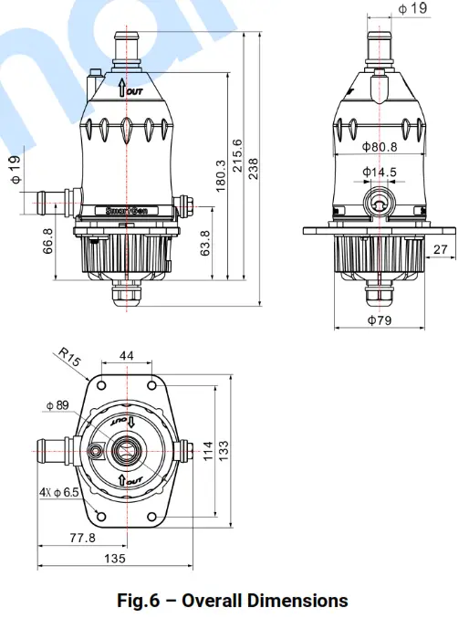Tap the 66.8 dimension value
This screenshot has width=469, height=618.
coord(48,243)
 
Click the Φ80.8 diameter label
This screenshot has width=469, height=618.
coord(379,146)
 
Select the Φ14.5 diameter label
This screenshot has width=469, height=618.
coord(379,172)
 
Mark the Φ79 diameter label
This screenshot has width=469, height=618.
coord(379,321)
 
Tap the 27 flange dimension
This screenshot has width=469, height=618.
coord(441,249)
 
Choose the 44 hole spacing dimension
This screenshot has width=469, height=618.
coord(126,355)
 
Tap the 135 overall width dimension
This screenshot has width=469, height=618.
coord(114,558)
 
